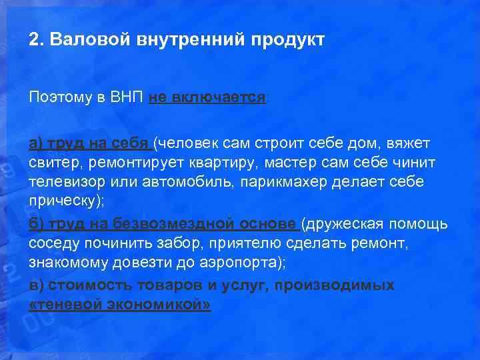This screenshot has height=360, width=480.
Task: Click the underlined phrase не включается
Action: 207,97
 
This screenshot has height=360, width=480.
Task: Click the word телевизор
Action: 61,183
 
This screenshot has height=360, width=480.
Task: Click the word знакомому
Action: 63,262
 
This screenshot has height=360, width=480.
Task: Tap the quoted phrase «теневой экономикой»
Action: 121,304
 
